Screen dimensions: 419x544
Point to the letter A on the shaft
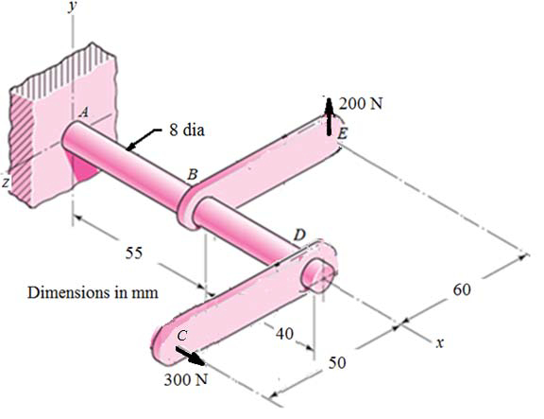coord(83,112)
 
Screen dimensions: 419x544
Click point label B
coord(192,176)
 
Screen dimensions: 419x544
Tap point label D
coord(299,235)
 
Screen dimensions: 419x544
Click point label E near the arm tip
coord(342,135)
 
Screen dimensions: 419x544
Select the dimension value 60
coord(462,288)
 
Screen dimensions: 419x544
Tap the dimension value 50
coord(338,363)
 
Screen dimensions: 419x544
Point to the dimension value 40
coord(283,332)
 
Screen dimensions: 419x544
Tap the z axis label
coord(5,186)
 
